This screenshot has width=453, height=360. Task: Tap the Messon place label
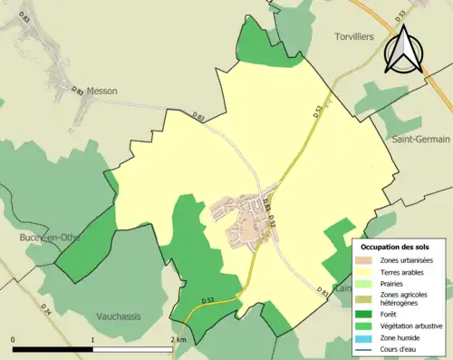[100, 91]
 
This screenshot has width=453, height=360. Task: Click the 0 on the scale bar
[14, 339]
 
